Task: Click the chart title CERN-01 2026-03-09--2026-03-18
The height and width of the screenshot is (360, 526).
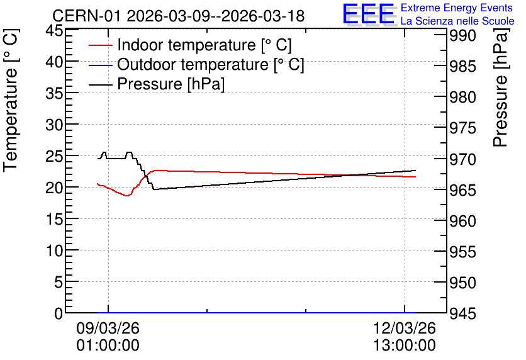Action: coord(179,16)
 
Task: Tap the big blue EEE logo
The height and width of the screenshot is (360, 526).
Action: coord(368,14)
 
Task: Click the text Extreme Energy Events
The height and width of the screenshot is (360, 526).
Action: coord(457,8)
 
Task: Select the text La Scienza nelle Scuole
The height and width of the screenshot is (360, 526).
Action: coord(457,21)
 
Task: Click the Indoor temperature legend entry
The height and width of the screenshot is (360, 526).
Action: coord(190,45)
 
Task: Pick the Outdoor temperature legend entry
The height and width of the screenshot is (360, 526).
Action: coord(196,64)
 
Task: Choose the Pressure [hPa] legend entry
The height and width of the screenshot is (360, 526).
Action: coord(157,84)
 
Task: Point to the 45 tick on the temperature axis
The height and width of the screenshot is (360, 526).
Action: coord(54,30)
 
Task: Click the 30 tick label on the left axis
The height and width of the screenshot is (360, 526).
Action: coord(54,125)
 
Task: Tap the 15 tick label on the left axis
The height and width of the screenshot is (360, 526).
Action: coord(54,219)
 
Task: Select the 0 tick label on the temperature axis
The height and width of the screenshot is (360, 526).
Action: coord(59,313)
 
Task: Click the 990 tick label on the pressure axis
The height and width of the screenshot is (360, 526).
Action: coord(462,35)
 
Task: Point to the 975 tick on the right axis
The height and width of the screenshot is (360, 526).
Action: coord(462,128)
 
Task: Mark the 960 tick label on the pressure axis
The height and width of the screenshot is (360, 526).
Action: coord(462,221)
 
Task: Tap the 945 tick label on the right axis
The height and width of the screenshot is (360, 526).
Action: coord(462,313)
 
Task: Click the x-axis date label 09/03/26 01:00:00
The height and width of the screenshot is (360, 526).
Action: coord(108,337)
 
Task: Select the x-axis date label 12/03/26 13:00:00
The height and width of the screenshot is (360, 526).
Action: coord(405,337)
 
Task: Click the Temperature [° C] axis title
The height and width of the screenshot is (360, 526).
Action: coord(11,101)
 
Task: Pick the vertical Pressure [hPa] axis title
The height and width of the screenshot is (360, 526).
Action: coord(500,87)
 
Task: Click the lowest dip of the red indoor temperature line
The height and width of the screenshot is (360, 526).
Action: coord(127,196)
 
